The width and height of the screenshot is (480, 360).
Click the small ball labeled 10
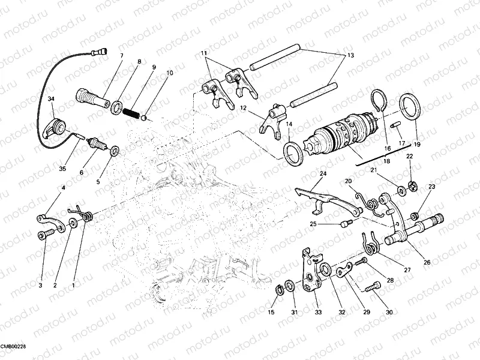pos(148,117)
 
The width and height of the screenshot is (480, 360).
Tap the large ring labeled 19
pos(409,107)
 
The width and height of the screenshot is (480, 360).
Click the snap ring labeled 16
pos(379,101)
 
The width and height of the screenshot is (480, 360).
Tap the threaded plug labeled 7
pos(91,96)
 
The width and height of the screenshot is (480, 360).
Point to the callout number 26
pos(427,262)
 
